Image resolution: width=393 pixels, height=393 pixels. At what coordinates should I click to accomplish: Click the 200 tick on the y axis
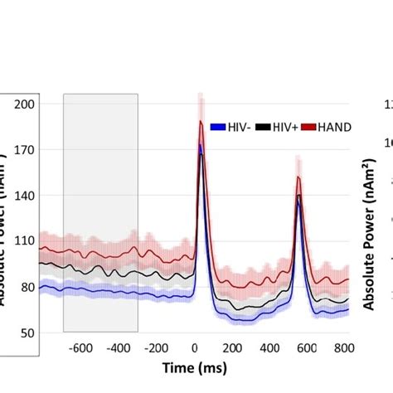(x=25, y=104)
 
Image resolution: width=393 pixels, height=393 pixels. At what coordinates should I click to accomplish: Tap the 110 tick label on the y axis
(x=25, y=241)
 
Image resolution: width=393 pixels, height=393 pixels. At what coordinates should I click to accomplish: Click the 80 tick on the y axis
(x=27, y=287)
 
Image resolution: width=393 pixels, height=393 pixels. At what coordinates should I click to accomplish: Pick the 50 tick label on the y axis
(x=27, y=332)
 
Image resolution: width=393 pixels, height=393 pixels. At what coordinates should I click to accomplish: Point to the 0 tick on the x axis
(x=194, y=348)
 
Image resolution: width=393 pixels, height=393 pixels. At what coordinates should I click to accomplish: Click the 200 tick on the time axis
(x=232, y=348)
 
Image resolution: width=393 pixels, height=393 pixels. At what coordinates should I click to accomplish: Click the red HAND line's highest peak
(x=201, y=122)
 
